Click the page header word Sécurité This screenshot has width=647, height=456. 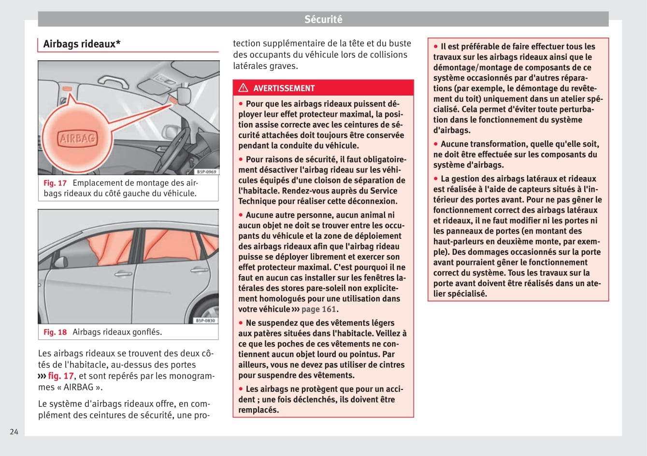point(323,19)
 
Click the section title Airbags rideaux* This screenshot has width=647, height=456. point(82,44)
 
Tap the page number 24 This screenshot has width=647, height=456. point(14,431)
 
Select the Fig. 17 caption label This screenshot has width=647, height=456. point(55,183)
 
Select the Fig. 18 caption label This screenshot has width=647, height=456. point(55,332)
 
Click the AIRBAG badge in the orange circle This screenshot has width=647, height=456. point(77,139)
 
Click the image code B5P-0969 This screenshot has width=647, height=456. point(206,172)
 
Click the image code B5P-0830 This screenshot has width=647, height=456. point(206,320)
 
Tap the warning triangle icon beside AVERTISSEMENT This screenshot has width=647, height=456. point(243,88)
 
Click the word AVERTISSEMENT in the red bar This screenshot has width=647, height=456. point(284,88)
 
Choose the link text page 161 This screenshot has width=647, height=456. point(318,309)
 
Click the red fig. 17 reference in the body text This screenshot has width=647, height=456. point(61,376)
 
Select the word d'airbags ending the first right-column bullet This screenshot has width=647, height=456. point(452,130)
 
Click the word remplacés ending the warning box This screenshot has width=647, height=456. point(259,410)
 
